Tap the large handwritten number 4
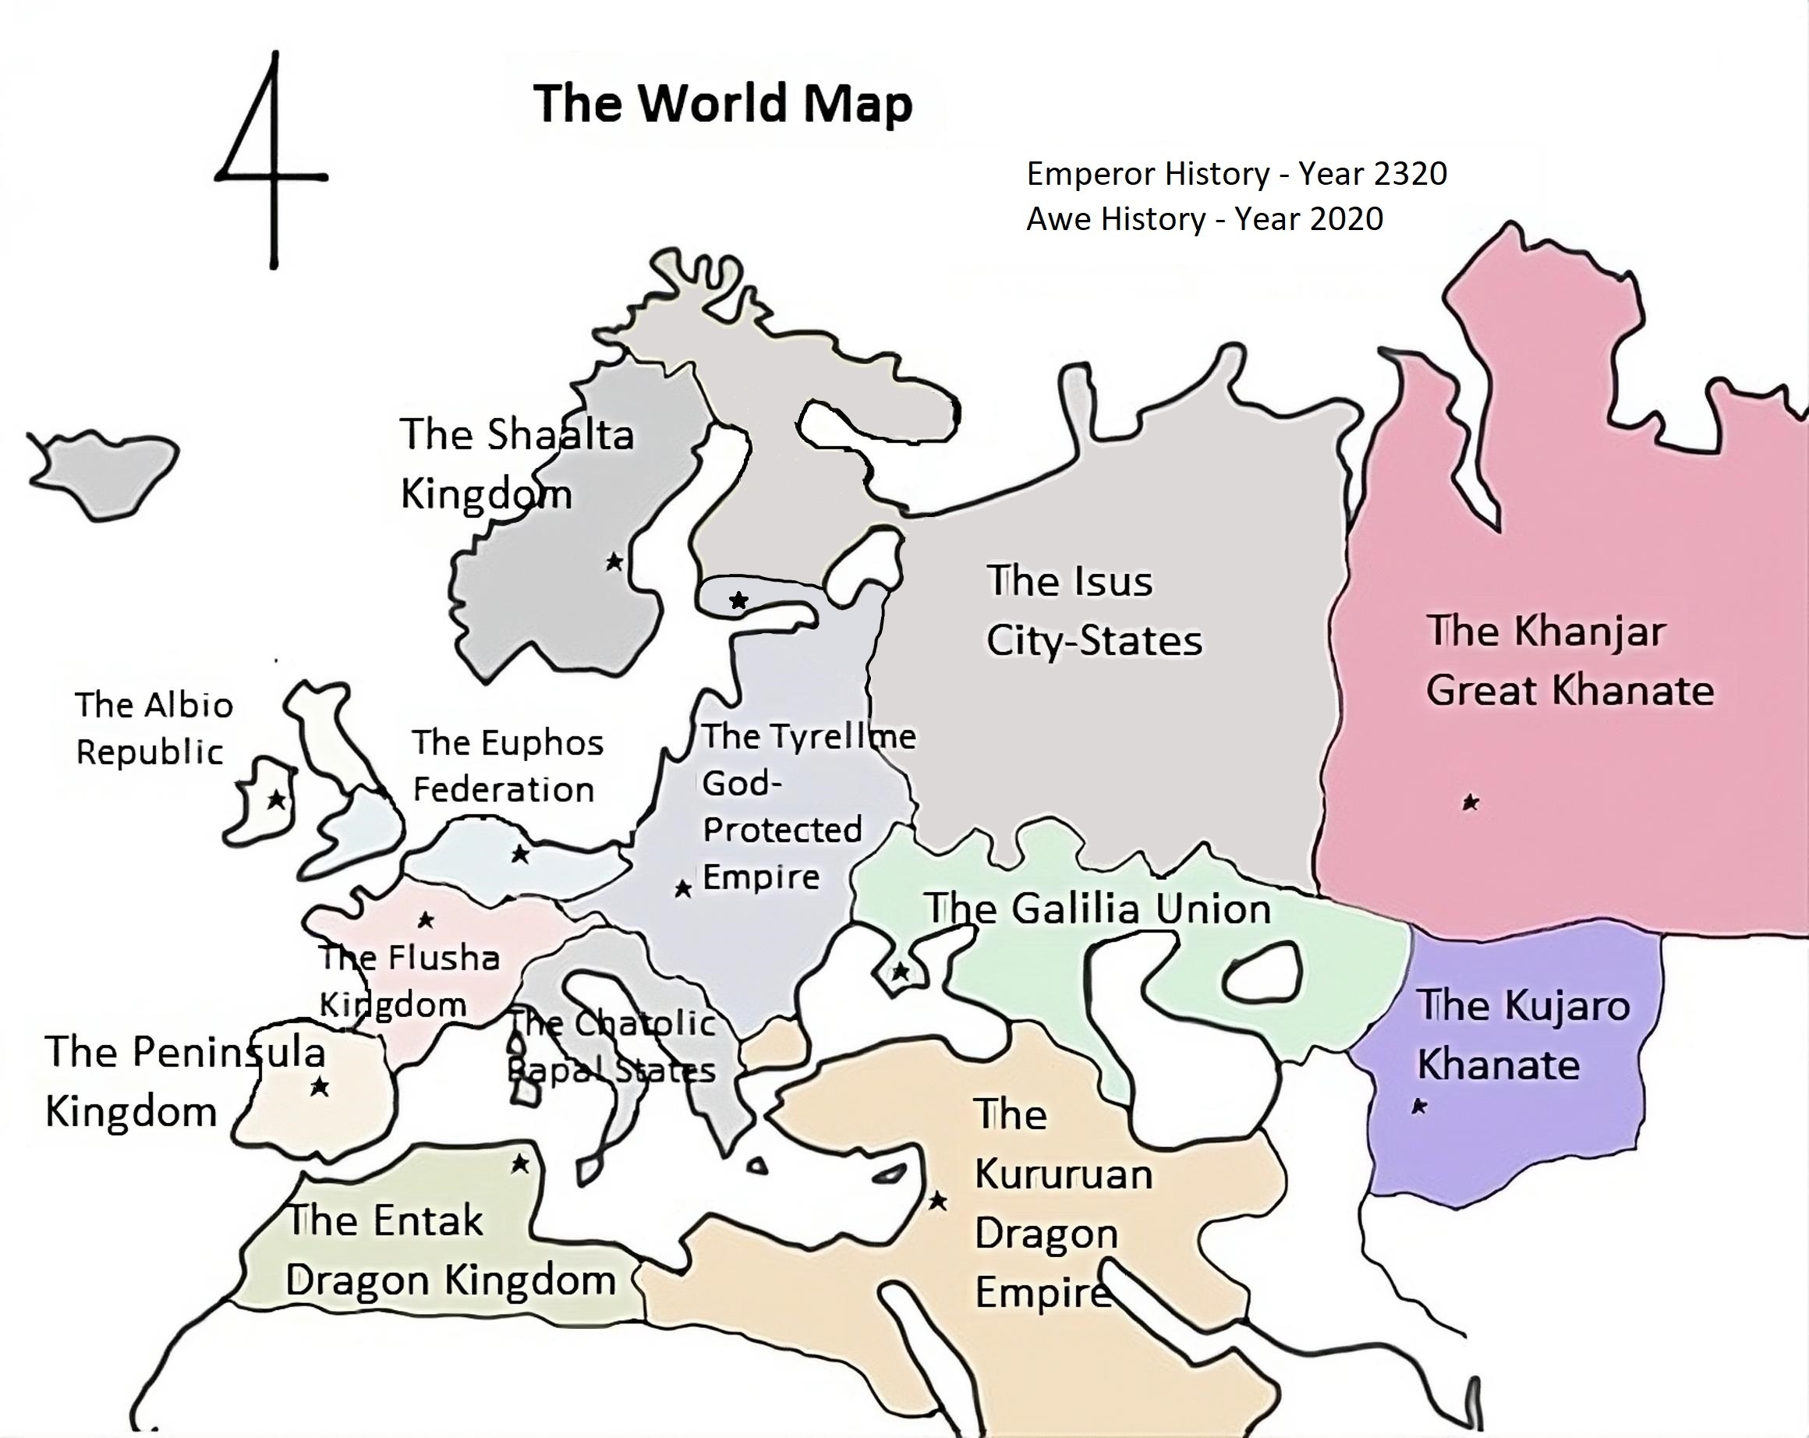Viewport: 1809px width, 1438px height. [x=270, y=159]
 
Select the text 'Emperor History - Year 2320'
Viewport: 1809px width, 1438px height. [x=1237, y=174]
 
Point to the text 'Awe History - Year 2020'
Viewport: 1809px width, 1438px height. [x=1204, y=219]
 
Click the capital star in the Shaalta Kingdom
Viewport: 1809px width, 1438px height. [x=614, y=561]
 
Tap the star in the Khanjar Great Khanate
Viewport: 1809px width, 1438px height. [x=1470, y=803]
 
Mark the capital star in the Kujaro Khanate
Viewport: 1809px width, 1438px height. [x=1420, y=1107]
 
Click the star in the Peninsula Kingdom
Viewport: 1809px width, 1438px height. [x=319, y=1087]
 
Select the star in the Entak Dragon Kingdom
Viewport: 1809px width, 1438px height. [x=520, y=1164]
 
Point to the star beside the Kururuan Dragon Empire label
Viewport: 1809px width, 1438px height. [x=937, y=1202]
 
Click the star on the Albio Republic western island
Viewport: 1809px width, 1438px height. [x=275, y=799]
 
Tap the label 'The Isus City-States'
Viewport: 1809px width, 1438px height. [x=1093, y=611]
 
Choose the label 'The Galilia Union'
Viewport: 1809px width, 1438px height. [x=1096, y=908]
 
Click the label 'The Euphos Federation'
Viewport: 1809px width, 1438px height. [x=506, y=766]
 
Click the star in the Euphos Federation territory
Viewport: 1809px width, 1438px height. [x=520, y=854]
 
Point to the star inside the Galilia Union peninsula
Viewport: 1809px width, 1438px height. [x=901, y=972]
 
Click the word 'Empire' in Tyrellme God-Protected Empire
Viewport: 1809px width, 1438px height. [x=760, y=877]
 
